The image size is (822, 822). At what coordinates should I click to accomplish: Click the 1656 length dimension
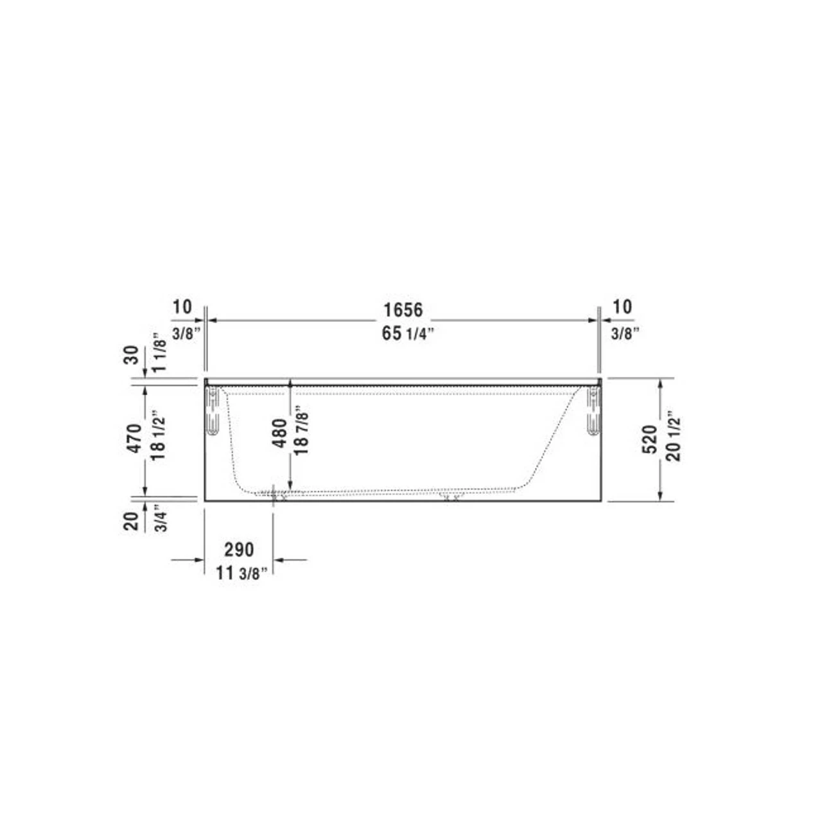click(403, 310)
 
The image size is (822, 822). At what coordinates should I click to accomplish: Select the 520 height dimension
click(650, 439)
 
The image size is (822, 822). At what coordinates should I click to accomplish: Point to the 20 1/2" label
click(673, 436)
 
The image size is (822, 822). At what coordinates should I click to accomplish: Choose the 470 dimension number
click(134, 439)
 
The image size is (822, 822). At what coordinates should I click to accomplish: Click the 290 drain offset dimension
click(239, 550)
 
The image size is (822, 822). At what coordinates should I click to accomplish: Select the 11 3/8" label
click(241, 573)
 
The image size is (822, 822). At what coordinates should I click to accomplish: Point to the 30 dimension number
click(131, 354)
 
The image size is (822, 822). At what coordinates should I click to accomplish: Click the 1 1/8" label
click(159, 352)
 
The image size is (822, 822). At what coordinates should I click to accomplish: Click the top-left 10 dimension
click(182, 307)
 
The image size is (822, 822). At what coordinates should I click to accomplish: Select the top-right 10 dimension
click(622, 307)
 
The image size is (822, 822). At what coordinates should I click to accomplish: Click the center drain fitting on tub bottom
click(450, 496)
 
